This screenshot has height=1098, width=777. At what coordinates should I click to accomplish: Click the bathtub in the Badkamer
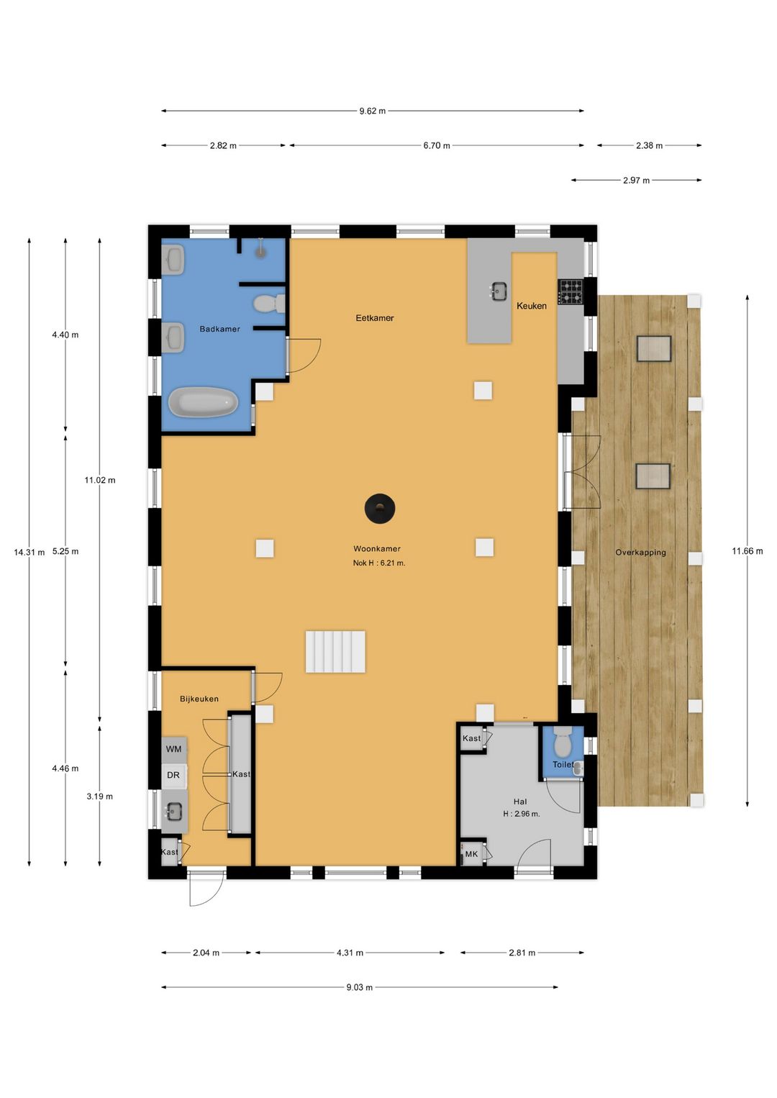203,402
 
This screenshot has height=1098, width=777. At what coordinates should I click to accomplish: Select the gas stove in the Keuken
571,291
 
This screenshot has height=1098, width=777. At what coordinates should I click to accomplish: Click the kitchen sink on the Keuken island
498,291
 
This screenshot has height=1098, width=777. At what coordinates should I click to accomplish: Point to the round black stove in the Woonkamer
379,509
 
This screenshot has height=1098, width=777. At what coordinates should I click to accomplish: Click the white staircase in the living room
336,651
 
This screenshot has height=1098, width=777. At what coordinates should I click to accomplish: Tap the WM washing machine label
173,749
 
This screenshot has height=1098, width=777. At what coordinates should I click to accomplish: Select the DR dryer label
173,775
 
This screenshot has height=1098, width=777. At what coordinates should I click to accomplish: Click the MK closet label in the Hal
471,854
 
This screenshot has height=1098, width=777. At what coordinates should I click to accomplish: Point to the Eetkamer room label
375,317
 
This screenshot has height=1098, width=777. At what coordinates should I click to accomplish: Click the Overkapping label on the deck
640,553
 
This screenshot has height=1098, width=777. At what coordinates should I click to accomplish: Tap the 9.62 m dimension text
372,111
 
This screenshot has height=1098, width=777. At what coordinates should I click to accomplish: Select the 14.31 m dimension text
29,553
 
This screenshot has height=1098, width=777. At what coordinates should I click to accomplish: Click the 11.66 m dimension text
747,551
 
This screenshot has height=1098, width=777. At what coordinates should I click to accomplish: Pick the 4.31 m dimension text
350,953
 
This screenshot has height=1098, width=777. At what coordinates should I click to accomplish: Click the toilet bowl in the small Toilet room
562,742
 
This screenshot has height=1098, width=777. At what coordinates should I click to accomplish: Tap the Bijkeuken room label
199,699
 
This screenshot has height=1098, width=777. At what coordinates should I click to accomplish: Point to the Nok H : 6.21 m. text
379,563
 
